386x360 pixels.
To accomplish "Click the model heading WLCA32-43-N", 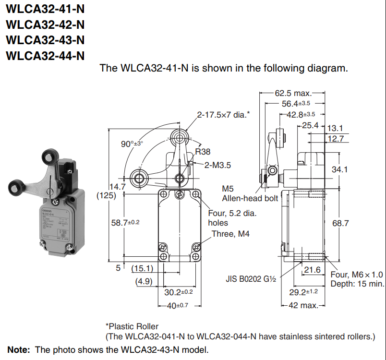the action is point(45,40).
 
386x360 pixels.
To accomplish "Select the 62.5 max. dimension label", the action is point(293,93).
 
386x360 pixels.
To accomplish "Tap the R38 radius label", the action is point(203,152).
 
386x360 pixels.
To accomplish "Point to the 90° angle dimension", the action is point(132,144).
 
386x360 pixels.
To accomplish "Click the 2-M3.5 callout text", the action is point(217,165).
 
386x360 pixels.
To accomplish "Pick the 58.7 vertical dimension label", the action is point(125,223).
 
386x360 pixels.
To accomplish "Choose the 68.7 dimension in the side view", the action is point(340,223).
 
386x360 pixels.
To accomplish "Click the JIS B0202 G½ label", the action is point(251,279).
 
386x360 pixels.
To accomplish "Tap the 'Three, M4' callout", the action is point(230,234).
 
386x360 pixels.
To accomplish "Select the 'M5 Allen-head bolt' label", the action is point(250,193).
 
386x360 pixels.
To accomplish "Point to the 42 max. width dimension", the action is point(303,305).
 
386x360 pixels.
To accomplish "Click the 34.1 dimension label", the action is point(340,169).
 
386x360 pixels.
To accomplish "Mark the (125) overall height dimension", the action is point(107,196).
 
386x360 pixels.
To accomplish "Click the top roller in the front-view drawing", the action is point(180,138).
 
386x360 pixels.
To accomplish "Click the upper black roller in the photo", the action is point(50,157).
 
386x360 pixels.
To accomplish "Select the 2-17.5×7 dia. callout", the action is point(223,115).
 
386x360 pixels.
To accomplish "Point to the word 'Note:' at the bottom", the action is point(19,349).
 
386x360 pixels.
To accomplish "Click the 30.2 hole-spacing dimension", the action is point(179,292).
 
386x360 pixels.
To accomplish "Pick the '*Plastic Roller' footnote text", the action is point(132,326).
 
